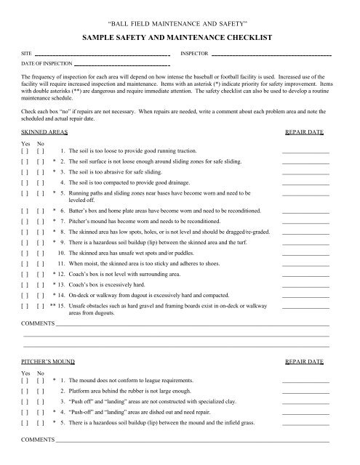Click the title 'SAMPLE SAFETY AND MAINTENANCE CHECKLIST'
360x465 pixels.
(x=180, y=34)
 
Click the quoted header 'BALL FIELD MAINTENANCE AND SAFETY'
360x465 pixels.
(x=180, y=21)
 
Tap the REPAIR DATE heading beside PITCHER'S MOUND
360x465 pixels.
(x=305, y=360)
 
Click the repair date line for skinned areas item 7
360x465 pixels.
(x=305, y=220)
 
